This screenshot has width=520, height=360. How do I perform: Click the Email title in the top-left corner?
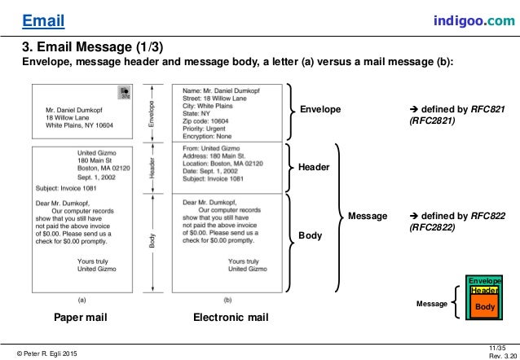pos(42,19)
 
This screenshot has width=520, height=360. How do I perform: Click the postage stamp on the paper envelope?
pos(124,93)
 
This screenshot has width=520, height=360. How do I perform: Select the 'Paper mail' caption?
pos(82,317)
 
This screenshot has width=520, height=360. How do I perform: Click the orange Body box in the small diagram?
pos(484,306)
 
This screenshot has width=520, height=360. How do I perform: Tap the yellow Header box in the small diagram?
pos(484,291)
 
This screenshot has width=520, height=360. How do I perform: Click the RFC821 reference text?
pos(443,113)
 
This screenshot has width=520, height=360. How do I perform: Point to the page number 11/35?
pos(495,347)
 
